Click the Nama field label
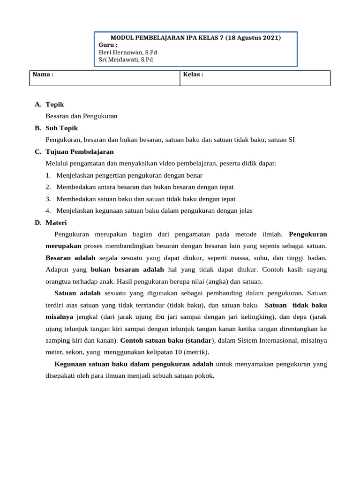(x=43, y=75)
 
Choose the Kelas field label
(x=193, y=75)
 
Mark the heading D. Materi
(x=51, y=223)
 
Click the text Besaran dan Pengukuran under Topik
(x=82, y=115)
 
